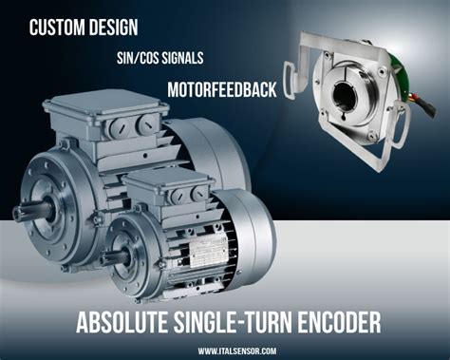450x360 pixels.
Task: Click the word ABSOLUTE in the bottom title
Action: point(124,321)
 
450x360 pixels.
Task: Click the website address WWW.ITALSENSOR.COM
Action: point(237,351)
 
